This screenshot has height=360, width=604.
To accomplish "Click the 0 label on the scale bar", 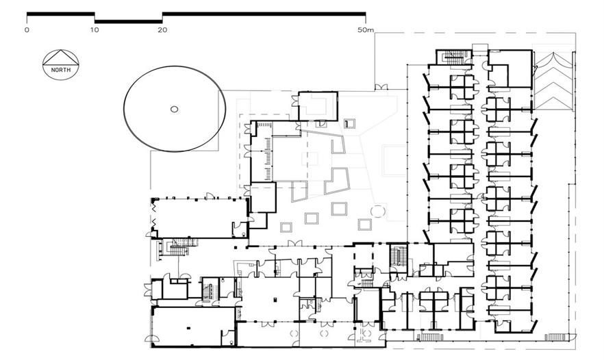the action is click(x=27, y=29).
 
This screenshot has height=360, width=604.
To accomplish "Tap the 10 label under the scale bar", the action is click(x=95, y=29).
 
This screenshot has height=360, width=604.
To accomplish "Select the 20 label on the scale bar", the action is click(x=162, y=29).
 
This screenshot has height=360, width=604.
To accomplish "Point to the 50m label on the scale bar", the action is click(x=366, y=29).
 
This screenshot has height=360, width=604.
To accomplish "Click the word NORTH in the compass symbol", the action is click(x=61, y=70).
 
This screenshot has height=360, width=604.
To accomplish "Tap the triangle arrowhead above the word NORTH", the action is click(x=61, y=57).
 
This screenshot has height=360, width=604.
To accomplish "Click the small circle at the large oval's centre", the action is click(x=174, y=110).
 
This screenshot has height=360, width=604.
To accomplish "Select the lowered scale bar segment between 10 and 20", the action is click(x=128, y=22).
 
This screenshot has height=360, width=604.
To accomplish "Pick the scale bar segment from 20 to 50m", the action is click(x=264, y=14).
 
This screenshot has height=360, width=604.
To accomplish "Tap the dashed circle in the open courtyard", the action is click(x=378, y=211).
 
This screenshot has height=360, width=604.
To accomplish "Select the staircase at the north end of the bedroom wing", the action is click(x=455, y=57).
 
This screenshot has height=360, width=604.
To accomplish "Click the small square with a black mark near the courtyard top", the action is click(x=350, y=124).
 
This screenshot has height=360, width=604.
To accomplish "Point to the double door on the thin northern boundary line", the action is click(x=381, y=88).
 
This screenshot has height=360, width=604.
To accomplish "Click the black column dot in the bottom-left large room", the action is click(x=188, y=328).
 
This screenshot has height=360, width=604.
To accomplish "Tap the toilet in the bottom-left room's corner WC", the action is click(x=230, y=341).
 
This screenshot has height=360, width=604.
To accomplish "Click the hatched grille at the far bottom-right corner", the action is click(x=557, y=337).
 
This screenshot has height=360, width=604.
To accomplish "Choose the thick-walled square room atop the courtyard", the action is click(x=318, y=106).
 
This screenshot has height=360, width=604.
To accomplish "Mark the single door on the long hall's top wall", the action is click(x=210, y=196).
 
